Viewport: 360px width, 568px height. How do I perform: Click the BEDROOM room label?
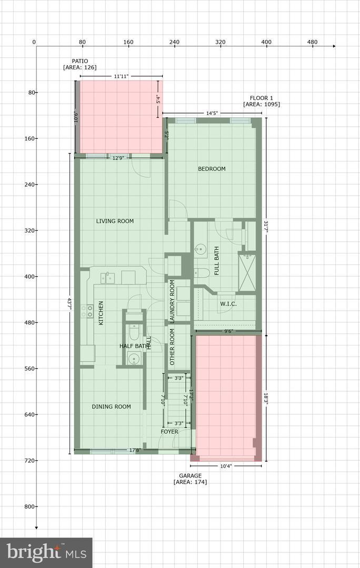pyautogui.click(x=212, y=169)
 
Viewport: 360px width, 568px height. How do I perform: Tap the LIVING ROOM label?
pyautogui.click(x=115, y=221)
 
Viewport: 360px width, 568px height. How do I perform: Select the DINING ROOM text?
pyautogui.click(x=111, y=407)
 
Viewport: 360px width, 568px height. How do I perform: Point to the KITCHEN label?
pyautogui.click(x=101, y=313)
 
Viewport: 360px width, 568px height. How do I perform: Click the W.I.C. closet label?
pyautogui.click(x=228, y=304)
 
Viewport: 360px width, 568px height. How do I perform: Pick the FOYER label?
pyautogui.click(x=169, y=432)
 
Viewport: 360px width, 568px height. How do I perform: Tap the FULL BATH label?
pyautogui.click(x=217, y=261)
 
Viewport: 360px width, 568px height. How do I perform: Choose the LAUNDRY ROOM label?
pyautogui.click(x=172, y=301)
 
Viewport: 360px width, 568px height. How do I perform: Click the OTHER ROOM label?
pyautogui.click(x=172, y=347)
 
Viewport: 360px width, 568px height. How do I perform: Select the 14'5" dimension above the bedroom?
pyautogui.click(x=212, y=114)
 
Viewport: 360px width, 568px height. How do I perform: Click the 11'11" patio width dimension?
pyautogui.click(x=121, y=76)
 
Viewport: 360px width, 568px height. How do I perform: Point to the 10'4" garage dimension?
pyautogui.click(x=226, y=466)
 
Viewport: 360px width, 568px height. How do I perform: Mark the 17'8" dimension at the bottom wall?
pyautogui.click(x=135, y=451)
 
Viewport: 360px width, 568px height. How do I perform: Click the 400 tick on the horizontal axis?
pyautogui.click(x=266, y=42)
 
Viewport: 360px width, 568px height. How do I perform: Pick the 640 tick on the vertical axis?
pyautogui.click(x=32, y=414)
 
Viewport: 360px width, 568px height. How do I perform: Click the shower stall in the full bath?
pyautogui.click(x=247, y=272)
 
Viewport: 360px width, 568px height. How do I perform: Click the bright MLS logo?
pyautogui.click(x=46, y=553)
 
